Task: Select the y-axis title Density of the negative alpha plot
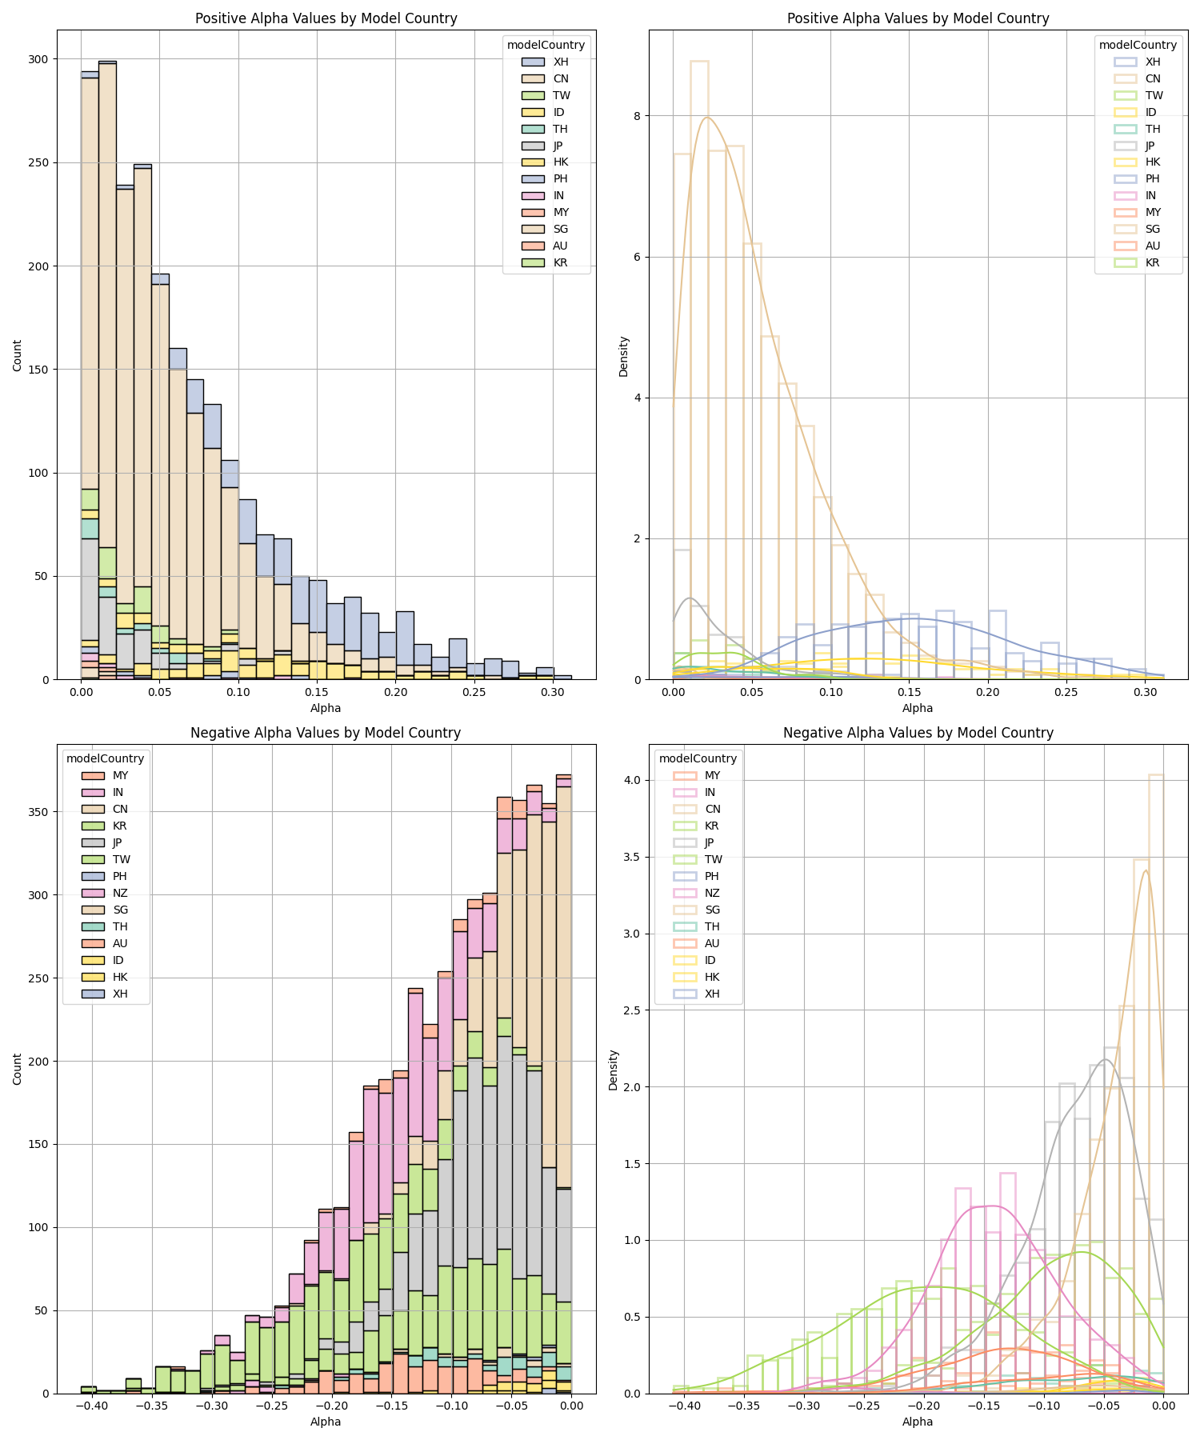point(614,1070)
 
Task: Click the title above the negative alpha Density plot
point(918,733)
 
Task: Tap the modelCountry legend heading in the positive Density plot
point(1138,45)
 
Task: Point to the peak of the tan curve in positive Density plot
point(707,118)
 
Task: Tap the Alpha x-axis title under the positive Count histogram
point(326,708)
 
